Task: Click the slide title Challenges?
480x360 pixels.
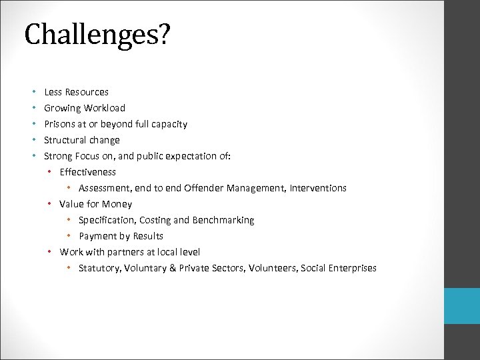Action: point(97,35)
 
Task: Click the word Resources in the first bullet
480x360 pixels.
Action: point(87,92)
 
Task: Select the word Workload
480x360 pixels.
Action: point(105,108)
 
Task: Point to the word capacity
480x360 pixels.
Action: point(169,124)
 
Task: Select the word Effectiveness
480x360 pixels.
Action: point(87,172)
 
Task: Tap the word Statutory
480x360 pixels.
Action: point(99,268)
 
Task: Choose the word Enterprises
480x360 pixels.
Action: point(352,268)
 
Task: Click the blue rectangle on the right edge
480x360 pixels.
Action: point(462,306)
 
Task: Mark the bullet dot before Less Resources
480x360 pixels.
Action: point(33,92)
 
